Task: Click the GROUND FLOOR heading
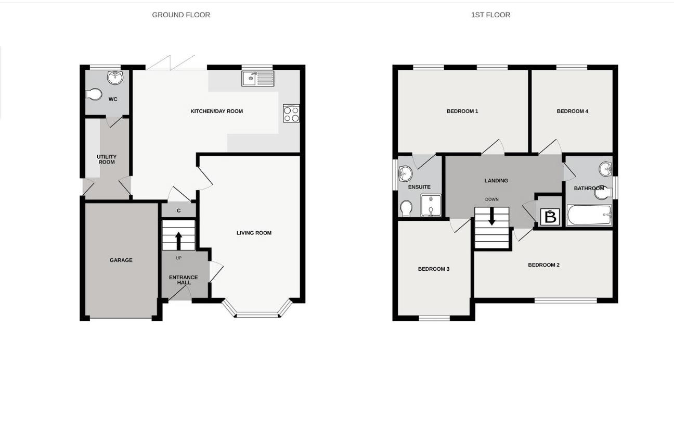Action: click(181, 15)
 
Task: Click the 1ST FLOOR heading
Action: click(490, 15)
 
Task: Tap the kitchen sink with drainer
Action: click(257, 79)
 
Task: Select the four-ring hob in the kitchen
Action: click(291, 114)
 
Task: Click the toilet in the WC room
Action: click(94, 95)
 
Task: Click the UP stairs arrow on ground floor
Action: click(178, 241)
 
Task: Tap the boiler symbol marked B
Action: click(550, 217)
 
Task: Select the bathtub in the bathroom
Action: click(589, 215)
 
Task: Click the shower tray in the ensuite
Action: click(431, 205)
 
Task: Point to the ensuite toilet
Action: click(406, 209)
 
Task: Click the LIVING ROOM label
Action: click(254, 233)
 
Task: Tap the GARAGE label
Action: click(121, 260)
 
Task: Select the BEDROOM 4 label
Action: click(572, 111)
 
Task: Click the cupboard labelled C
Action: click(178, 210)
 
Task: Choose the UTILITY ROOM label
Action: click(107, 159)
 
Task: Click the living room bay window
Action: click(257, 314)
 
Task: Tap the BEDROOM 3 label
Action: click(433, 269)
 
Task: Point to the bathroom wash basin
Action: click(605, 169)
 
